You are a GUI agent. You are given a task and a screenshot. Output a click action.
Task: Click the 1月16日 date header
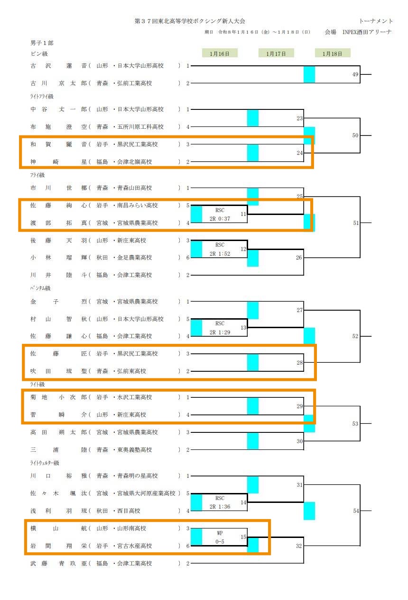pyautogui.click(x=220, y=54)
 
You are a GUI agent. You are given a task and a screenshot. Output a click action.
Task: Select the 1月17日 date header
pyautogui.click(x=276, y=54)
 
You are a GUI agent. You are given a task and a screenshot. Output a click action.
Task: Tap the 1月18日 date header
pyautogui.click(x=332, y=54)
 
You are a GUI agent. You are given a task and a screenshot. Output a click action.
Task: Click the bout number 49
pyautogui.click(x=355, y=74)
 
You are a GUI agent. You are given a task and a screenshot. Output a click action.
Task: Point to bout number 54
pyautogui.click(x=356, y=511)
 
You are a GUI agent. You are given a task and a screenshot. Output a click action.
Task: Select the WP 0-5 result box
pyautogui.click(x=220, y=537)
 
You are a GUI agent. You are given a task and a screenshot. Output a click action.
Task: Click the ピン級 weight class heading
pyautogui.click(x=39, y=54)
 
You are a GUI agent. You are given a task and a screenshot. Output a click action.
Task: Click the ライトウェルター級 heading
pyautogui.click(x=45, y=463)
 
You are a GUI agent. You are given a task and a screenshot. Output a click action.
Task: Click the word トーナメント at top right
pyautogui.click(x=376, y=21)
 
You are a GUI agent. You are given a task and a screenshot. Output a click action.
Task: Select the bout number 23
pyautogui.click(x=299, y=118)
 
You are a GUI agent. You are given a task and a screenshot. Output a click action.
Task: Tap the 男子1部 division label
pyautogui.click(x=42, y=43)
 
